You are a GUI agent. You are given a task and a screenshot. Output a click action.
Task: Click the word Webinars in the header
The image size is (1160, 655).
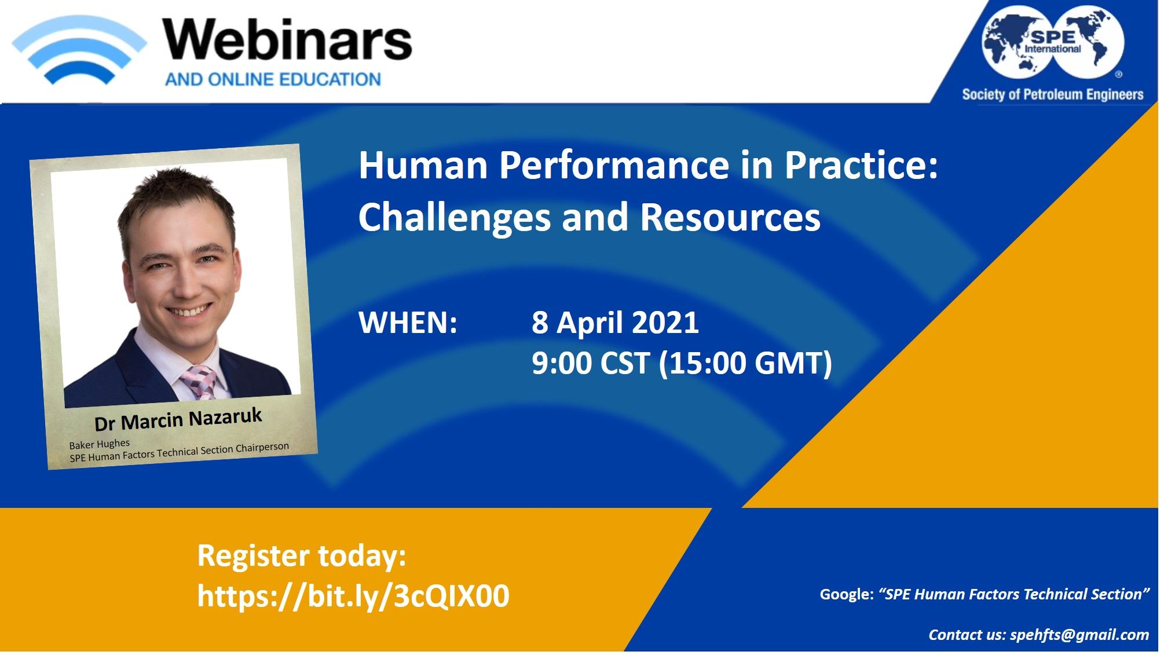pos(287,39)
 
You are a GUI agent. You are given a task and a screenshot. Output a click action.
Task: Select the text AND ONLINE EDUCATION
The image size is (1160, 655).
pos(273,79)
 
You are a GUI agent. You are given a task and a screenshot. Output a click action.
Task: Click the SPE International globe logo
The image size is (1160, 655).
pos(1053,42)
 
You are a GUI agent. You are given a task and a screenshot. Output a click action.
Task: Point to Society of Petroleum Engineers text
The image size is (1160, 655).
pos(1052,94)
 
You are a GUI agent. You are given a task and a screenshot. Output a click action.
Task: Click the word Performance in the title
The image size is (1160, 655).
pos(614,166)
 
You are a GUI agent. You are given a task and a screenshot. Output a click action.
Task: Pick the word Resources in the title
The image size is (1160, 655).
pos(730,217)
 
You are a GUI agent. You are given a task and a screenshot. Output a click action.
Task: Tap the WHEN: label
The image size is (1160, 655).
pos(408,323)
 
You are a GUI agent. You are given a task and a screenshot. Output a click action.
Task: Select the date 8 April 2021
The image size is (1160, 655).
pos(615,323)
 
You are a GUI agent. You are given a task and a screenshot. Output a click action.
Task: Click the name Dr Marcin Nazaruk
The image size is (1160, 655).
pos(178,419)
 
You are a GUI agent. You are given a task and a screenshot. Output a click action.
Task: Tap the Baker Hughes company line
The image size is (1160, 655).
pos(100,444)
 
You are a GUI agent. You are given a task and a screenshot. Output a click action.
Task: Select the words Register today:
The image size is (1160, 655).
pos(302,556)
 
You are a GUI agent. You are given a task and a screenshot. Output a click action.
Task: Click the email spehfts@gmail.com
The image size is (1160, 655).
pos(1080,635)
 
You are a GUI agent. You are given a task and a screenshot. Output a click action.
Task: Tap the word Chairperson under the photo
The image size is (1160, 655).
pos(262,448)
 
